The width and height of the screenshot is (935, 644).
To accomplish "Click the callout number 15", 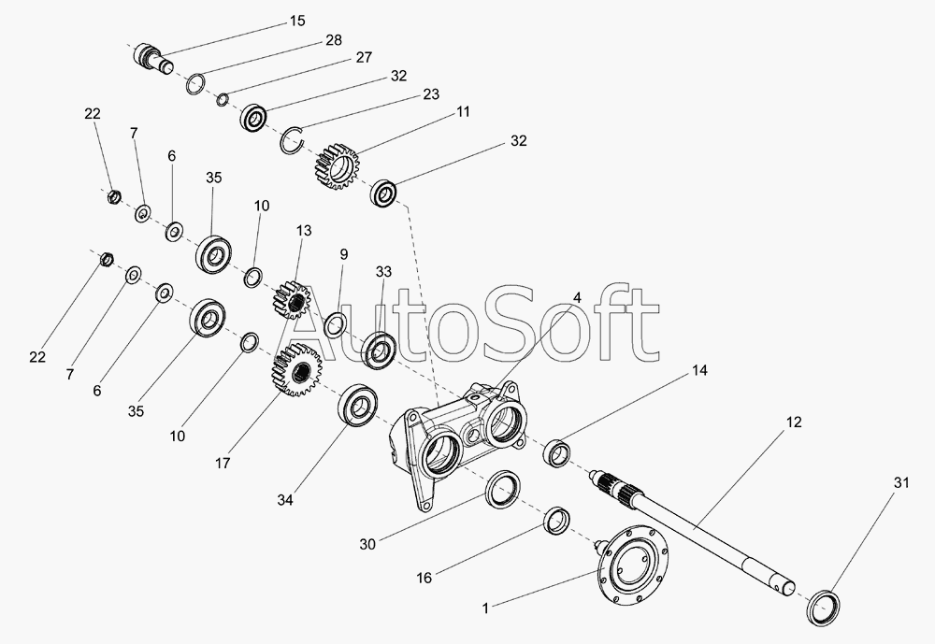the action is point(297,21).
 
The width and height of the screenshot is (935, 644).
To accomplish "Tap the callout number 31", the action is point(901,482).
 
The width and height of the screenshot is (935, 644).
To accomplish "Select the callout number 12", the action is point(794,422).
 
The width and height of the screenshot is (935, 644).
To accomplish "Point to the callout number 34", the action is point(285,500).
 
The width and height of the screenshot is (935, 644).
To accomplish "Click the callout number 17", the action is point(223,463).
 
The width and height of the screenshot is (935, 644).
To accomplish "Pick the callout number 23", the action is point(431,94).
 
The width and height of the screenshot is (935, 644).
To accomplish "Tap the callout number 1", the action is point(485,608).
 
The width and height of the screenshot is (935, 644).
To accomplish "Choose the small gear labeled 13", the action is point(292,302).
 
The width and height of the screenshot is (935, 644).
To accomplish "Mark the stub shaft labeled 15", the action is point(151,57).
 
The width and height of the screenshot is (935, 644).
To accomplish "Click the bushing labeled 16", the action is point(559,522).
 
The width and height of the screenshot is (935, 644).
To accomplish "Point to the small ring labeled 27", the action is point(223,99).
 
